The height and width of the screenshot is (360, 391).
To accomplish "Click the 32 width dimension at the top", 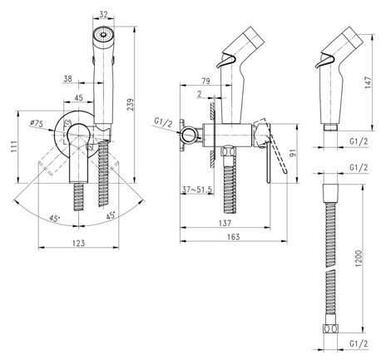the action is [103, 14].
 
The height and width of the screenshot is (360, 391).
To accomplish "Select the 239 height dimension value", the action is [131, 105].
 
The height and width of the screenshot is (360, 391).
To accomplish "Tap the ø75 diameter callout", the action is [37, 123].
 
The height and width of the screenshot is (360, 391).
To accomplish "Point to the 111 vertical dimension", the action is [14, 147].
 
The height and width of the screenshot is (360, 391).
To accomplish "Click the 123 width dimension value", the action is [78, 243].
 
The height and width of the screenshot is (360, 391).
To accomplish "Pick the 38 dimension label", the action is [67, 79].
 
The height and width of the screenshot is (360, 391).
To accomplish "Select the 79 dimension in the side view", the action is [205, 81].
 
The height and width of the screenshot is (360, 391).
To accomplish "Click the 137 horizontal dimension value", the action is [225, 223].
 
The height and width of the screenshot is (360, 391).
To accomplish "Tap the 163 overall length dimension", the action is [234, 237].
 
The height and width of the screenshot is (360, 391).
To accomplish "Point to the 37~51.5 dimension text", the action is [197, 190].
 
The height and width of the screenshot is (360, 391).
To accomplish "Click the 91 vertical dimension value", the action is [293, 153].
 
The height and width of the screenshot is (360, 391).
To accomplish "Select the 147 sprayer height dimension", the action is [368, 82].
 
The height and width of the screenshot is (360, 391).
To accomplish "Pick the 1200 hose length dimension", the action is [359, 259].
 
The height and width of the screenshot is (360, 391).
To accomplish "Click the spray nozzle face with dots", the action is [103, 35].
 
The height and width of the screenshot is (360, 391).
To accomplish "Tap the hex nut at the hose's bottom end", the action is [330, 328].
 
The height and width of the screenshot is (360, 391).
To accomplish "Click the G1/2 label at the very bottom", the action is [359, 344].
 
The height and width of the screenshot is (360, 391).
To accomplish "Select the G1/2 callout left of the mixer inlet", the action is [163, 122].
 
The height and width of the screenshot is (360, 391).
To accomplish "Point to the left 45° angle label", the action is [54, 218].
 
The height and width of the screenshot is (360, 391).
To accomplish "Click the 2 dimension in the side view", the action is [200, 94].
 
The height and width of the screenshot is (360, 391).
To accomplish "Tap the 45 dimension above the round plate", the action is [79, 97].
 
